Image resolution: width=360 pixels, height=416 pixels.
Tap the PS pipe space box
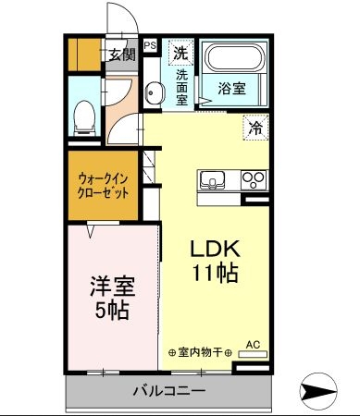tap(150, 43)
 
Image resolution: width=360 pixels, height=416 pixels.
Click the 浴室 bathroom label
tap(231, 89)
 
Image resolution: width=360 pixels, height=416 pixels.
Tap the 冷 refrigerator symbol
tap(254, 128)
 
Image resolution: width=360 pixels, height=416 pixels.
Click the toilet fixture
tap(83, 116)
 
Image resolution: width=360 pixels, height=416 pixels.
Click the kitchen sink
tap(210, 178)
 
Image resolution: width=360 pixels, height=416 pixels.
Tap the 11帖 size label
tap(216, 273)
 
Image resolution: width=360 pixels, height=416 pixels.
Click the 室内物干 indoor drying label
tap(199, 352)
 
